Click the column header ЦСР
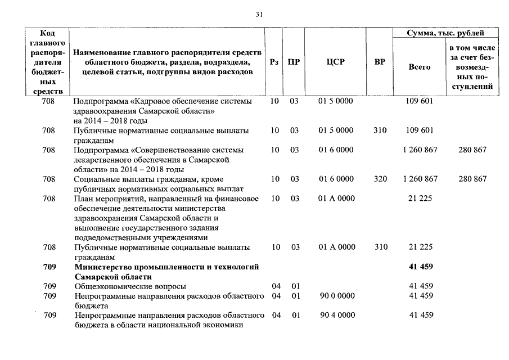tap(335, 62)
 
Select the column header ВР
tap(380, 62)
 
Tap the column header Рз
tap(274, 62)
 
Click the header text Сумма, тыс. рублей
tap(445, 34)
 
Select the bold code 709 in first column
tap(49, 267)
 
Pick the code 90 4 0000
tap(336, 315)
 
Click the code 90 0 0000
tap(336, 295)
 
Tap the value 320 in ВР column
tap(380, 179)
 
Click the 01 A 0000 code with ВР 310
tap(336, 247)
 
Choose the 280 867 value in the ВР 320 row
tap(472, 179)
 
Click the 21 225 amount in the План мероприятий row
tap(421, 199)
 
